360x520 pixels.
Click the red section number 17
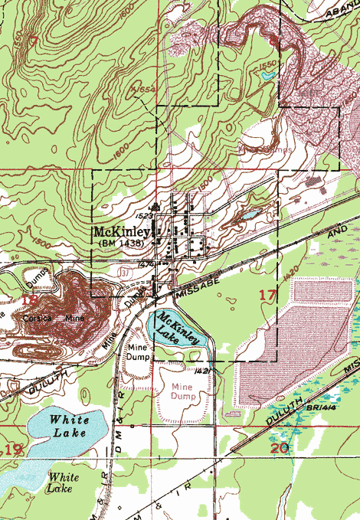pos(267,295)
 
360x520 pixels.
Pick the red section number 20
pos(280,447)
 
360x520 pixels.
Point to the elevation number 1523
pos(147,216)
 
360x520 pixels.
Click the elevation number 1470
pos(148,263)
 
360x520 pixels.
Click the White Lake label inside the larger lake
pos(69,427)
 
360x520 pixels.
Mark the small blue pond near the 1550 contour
pos(267,75)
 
